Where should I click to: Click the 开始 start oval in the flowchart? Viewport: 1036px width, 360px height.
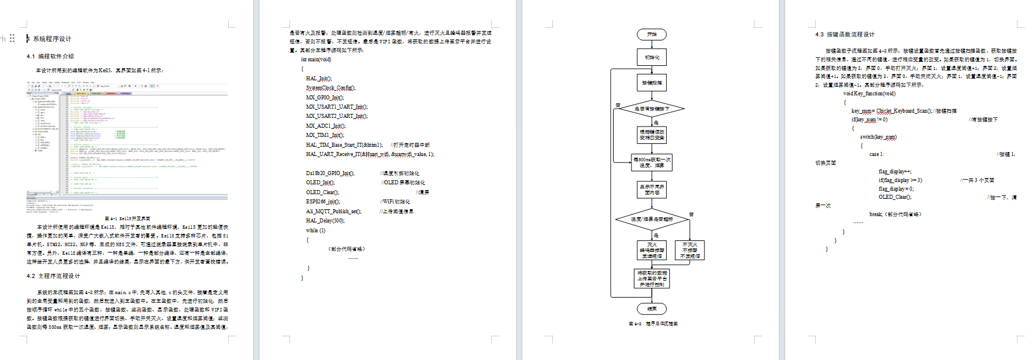[x=652, y=35]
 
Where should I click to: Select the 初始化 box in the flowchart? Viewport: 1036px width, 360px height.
[x=652, y=57]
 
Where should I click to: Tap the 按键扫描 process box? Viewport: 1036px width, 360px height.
[x=652, y=83]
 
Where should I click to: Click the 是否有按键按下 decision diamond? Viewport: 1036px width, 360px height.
[x=652, y=109]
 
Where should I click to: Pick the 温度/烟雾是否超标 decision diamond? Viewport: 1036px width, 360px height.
[x=652, y=220]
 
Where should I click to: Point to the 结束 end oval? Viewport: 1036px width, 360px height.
[x=652, y=309]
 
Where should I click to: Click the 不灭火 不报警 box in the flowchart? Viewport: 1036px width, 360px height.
[x=689, y=250]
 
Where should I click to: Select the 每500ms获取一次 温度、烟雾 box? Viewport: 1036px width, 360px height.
[x=652, y=162]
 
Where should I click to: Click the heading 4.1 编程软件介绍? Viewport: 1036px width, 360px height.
[x=50, y=57]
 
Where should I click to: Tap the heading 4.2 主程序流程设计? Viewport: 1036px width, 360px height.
[x=53, y=276]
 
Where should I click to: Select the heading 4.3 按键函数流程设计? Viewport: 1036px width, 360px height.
[x=845, y=35]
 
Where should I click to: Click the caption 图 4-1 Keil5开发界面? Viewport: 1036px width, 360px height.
[x=127, y=219]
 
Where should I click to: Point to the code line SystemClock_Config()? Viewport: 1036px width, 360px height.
[x=331, y=88]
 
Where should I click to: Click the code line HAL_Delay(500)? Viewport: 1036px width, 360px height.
[x=325, y=221]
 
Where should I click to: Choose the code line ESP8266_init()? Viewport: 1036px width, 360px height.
[x=322, y=202]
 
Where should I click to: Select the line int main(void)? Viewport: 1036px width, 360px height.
[x=315, y=60]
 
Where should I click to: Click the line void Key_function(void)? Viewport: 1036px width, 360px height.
[x=869, y=94]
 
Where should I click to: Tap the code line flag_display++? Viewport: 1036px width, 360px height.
[x=894, y=172]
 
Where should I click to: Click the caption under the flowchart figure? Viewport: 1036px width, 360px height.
[x=653, y=324]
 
